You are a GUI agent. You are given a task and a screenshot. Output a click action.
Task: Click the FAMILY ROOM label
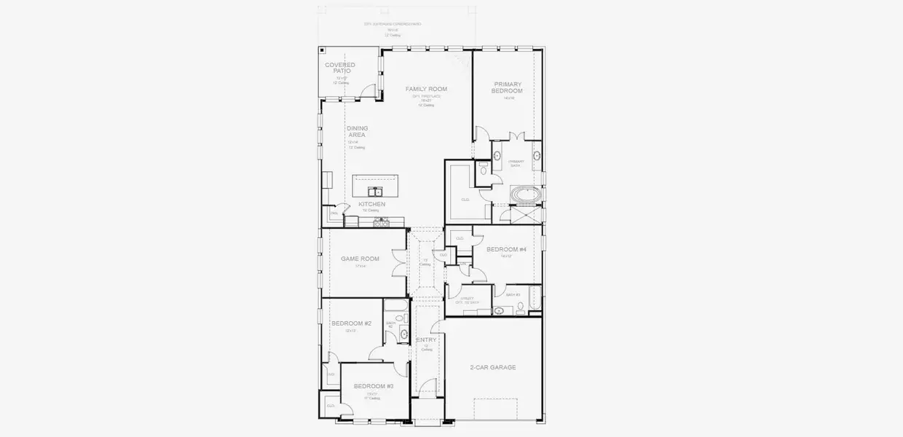coord(426,89)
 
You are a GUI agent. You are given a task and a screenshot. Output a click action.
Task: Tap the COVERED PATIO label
coord(340,68)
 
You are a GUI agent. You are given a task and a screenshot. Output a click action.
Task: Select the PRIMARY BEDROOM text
coord(507,87)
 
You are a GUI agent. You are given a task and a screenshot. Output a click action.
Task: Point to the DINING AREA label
coord(357,131)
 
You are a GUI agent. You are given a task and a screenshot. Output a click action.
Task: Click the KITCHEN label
coord(371,204)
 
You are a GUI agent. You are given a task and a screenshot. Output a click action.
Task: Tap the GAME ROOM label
coord(360,259)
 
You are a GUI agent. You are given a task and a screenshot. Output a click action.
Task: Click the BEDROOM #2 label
coord(351,323)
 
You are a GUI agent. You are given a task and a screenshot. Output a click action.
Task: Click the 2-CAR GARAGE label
coord(493,367)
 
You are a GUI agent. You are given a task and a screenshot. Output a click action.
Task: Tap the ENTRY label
coord(426,340)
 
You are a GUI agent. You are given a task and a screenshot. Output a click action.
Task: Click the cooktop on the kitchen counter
coord(380,223)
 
